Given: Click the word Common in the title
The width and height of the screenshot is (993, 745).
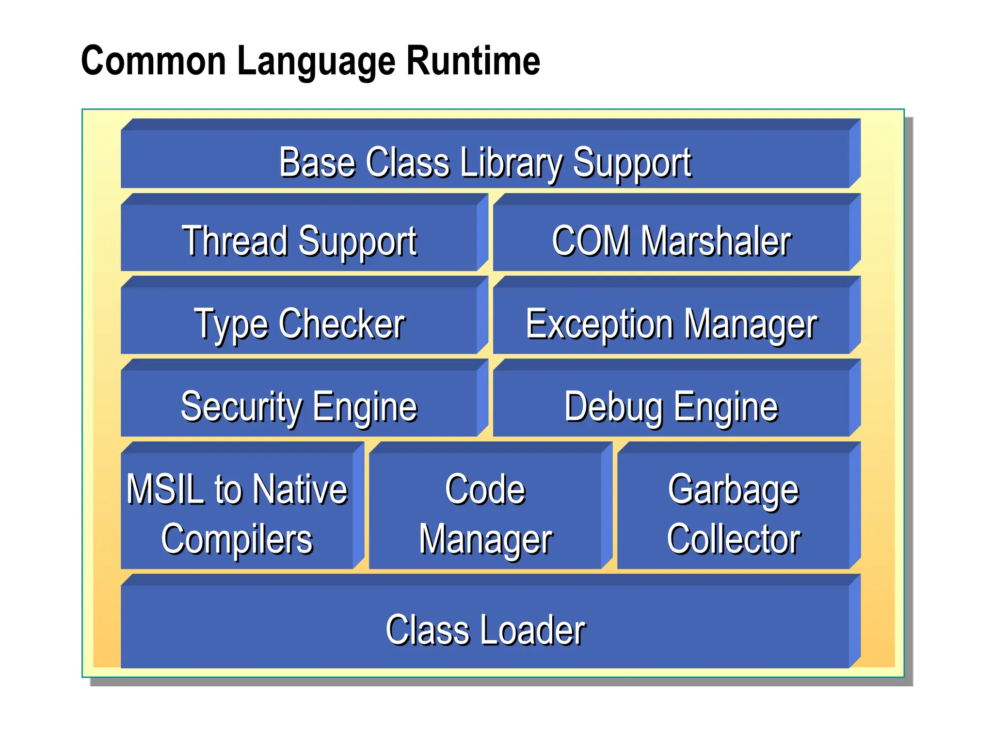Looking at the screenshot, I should point(154,61).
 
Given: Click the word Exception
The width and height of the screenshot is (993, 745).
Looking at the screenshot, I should point(599,324).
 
